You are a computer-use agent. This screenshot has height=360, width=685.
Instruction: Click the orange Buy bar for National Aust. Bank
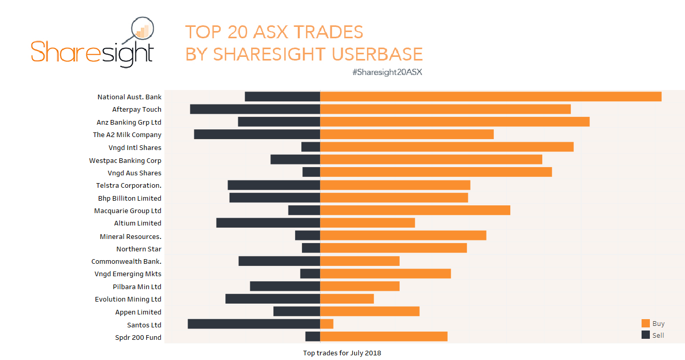point(491,97)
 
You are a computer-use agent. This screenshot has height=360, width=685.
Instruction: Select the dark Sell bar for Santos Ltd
point(254,324)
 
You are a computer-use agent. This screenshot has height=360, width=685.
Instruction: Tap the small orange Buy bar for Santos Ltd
point(327,324)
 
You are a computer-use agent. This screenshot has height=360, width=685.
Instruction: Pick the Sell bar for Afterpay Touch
point(255,109)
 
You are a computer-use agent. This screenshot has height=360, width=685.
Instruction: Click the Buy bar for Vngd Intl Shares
point(447,147)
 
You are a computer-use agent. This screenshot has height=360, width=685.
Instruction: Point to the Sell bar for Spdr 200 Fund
point(313,337)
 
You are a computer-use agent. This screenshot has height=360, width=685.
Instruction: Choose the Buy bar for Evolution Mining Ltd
point(347,299)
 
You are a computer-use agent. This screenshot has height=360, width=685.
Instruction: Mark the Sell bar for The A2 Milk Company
point(257,134)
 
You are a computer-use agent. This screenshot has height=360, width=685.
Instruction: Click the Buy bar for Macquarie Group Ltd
point(415,211)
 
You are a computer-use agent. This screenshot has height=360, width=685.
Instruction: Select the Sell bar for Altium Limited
point(268,223)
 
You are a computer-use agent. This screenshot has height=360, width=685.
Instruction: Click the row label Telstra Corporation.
point(129,186)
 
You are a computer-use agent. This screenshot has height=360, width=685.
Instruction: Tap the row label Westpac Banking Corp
point(125,160)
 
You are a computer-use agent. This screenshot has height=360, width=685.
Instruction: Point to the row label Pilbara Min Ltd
point(137,287)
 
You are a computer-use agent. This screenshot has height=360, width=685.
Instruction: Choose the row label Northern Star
point(139,249)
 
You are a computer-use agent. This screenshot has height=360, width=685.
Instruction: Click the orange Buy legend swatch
point(645,323)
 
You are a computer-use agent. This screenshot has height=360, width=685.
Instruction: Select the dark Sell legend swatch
point(645,335)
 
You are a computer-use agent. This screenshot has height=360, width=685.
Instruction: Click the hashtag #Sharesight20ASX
point(387,72)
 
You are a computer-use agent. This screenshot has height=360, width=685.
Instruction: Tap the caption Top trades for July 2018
point(342,353)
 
